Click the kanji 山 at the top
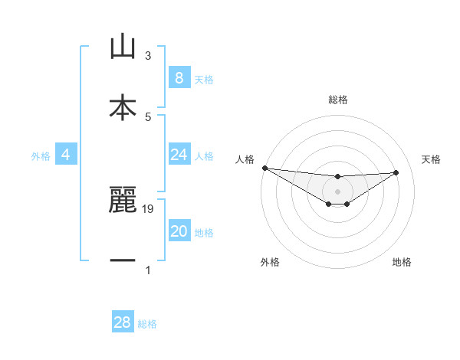(123, 47)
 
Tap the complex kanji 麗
(123, 200)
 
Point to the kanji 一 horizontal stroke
(123, 261)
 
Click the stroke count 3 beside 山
(148, 56)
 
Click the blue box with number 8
(179, 78)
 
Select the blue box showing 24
(179, 155)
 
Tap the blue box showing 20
(179, 231)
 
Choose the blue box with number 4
(65, 155)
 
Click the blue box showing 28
(123, 322)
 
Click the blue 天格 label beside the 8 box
(204, 79)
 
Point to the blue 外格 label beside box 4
(41, 155)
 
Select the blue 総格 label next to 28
(147, 323)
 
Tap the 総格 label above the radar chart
(337, 100)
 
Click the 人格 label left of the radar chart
(245, 159)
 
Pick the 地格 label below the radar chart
(402, 262)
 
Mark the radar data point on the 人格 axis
(264, 168)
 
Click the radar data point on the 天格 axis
(396, 172)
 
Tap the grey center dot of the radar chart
(337, 191)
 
